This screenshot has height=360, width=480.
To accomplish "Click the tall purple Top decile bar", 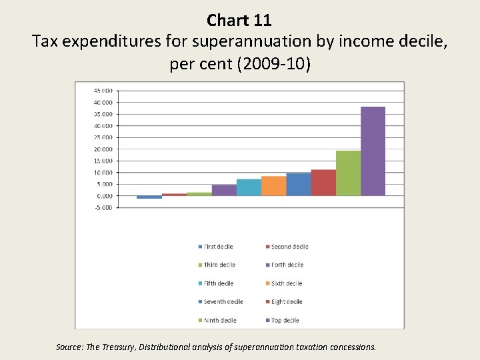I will (x=373, y=151).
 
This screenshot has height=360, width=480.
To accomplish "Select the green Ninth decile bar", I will (x=348, y=173).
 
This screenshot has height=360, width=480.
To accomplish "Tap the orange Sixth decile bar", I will (x=273, y=186).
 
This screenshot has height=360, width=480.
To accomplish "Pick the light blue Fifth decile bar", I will (x=249, y=187).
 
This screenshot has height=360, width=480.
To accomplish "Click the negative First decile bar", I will (x=149, y=197).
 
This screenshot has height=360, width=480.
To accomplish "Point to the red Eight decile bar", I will (x=323, y=183).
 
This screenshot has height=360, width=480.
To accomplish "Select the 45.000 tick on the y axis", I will (x=103, y=91).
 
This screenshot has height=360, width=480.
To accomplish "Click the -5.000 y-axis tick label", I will (x=103, y=207).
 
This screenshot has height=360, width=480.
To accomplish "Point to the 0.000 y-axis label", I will (x=105, y=196).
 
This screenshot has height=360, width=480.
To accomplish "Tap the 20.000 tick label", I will (x=103, y=149).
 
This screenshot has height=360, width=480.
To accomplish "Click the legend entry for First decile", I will (x=218, y=247).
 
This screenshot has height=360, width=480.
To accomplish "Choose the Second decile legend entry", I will (x=289, y=247).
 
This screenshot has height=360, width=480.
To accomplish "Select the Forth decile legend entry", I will (x=287, y=265).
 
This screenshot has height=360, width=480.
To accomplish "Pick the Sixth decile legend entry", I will (x=287, y=283).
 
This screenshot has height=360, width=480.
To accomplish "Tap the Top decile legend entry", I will (x=285, y=320).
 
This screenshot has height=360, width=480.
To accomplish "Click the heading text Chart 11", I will (x=239, y=20).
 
